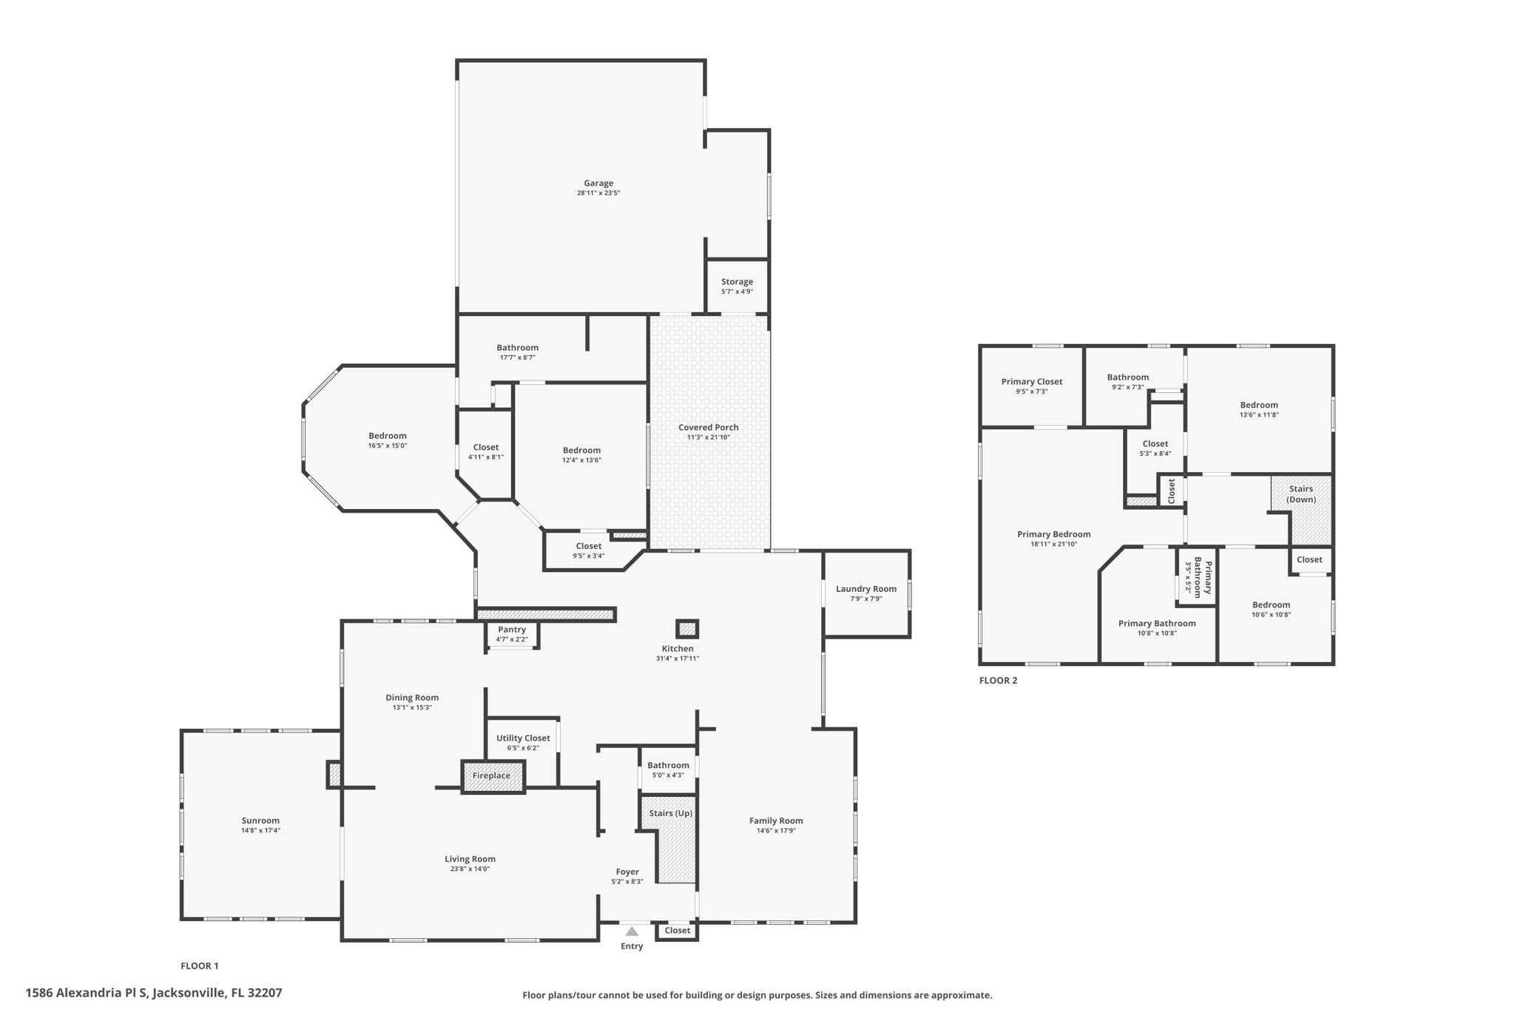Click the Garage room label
coord(598,184)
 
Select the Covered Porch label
coord(708,428)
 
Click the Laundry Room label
coord(866,589)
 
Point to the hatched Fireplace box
coord(493,776)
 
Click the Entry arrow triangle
coord(631,932)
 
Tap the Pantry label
coord(511,630)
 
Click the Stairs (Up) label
coord(670,813)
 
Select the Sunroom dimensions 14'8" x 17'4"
coord(260,831)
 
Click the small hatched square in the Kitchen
coord(687,630)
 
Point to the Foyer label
coord(627,872)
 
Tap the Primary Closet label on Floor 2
coord(1031,382)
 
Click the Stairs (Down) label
coord(1300,494)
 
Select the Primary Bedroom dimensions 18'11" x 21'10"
coord(1053,544)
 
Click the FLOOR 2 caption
coord(998,681)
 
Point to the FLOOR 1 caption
coord(200,966)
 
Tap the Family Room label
coord(775,821)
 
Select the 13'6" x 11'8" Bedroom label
coord(1258,405)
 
